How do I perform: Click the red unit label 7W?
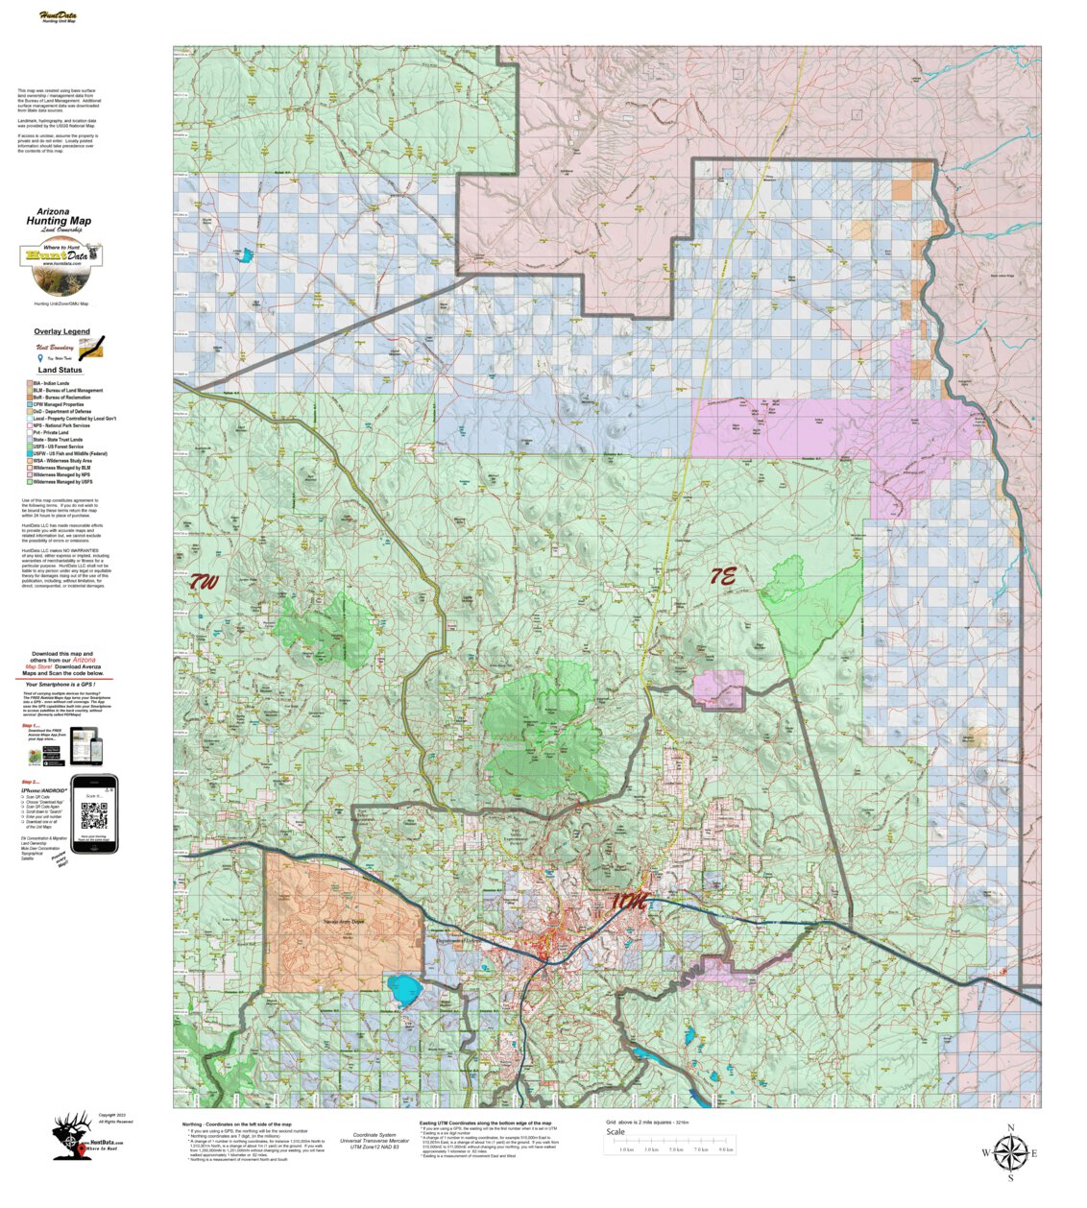[203, 581]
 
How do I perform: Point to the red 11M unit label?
[628, 902]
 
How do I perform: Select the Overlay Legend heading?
[61, 331]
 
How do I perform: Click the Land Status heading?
[60, 370]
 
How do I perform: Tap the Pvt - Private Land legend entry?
[52, 433]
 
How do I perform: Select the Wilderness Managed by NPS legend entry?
[61, 474]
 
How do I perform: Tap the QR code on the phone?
[94, 816]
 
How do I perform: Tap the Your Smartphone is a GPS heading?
[65, 685]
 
